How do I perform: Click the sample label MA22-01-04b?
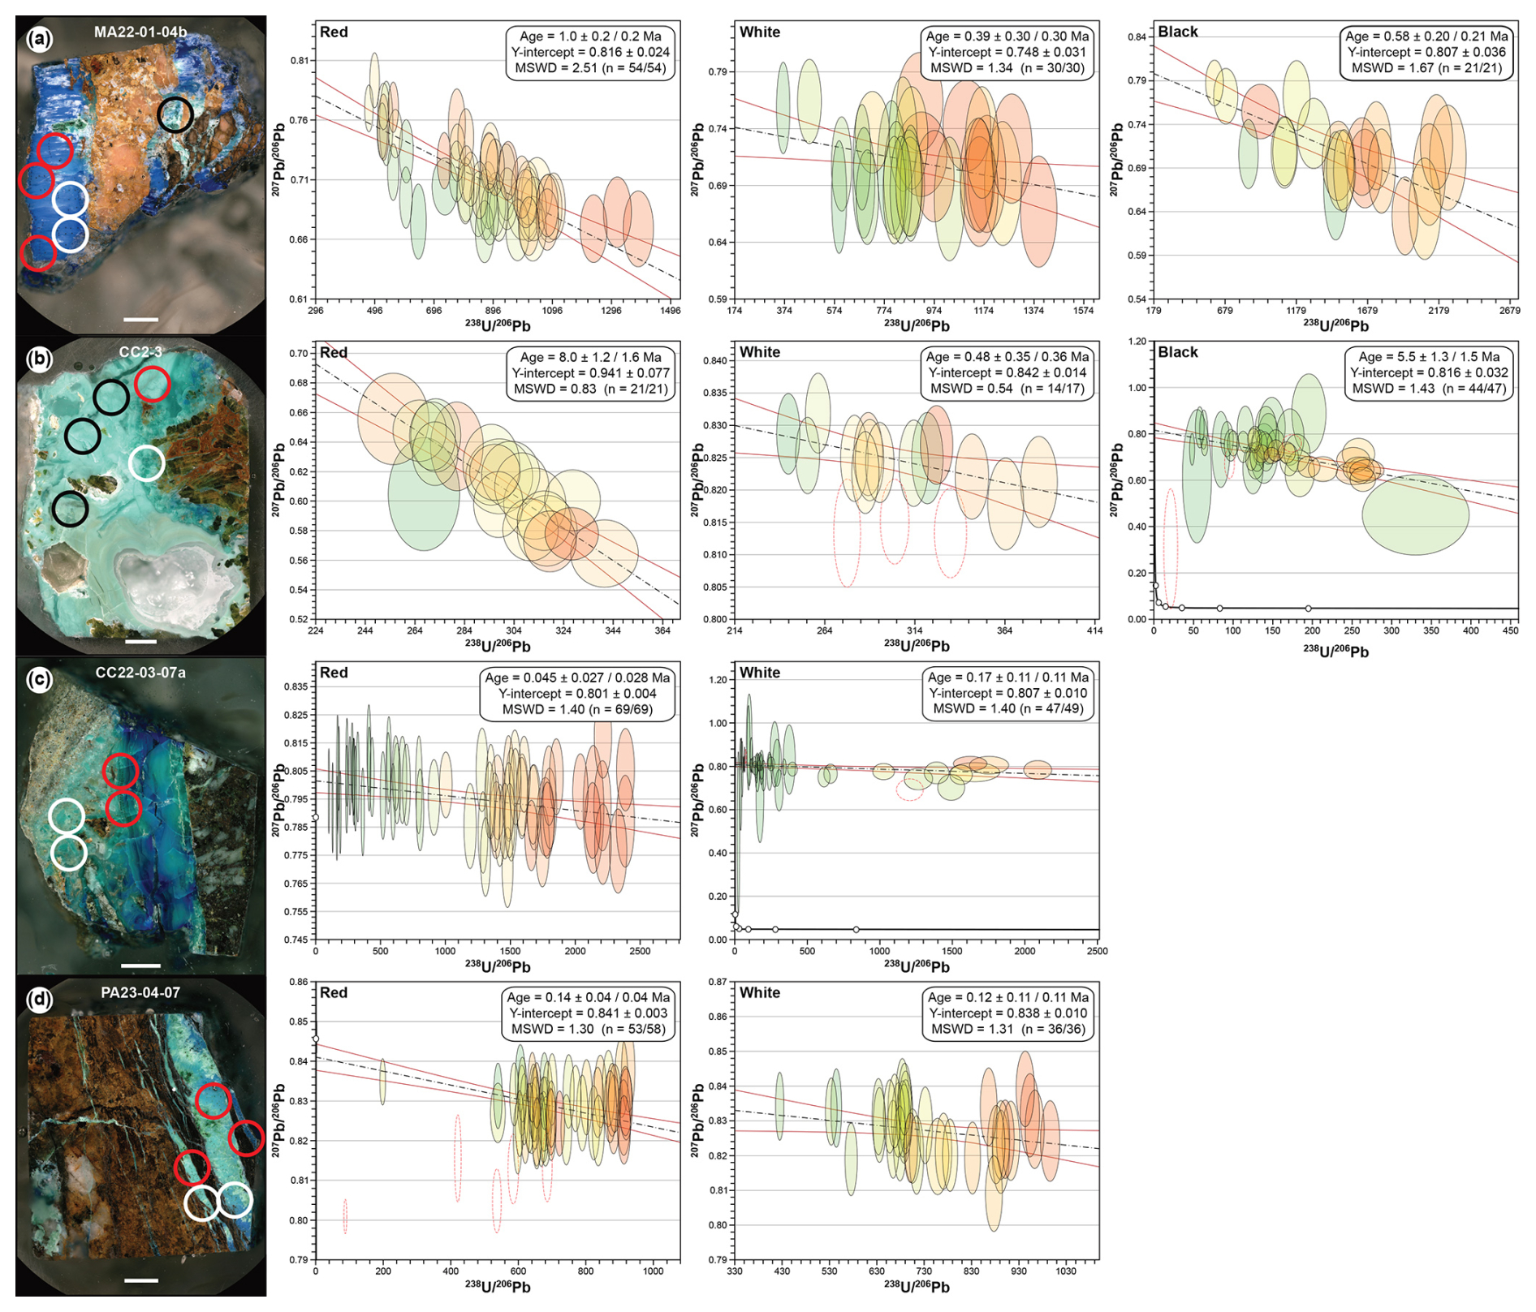pos(140,32)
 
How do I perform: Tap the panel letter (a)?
pos(39,39)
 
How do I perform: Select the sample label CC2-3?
pos(140,352)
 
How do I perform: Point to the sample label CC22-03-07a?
pos(140,673)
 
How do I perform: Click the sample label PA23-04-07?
pos(140,992)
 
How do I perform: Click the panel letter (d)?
pos(39,1000)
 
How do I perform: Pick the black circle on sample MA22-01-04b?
pos(175,114)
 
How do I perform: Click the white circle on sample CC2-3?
pos(147,463)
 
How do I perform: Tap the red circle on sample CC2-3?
pos(153,384)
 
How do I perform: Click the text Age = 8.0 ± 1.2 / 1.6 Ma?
pos(590,357)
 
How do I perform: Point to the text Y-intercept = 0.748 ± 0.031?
pos(1007,52)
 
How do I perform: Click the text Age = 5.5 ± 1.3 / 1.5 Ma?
pos(1429,357)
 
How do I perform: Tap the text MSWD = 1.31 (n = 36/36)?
pos(1007,1029)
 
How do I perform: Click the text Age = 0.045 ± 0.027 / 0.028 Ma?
pos(577,678)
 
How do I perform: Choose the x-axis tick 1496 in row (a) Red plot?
pos(670,311)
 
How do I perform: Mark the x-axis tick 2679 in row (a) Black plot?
pos(1509,311)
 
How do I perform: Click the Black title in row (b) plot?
pos(1177,352)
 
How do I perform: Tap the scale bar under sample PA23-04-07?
pos(141,1280)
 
